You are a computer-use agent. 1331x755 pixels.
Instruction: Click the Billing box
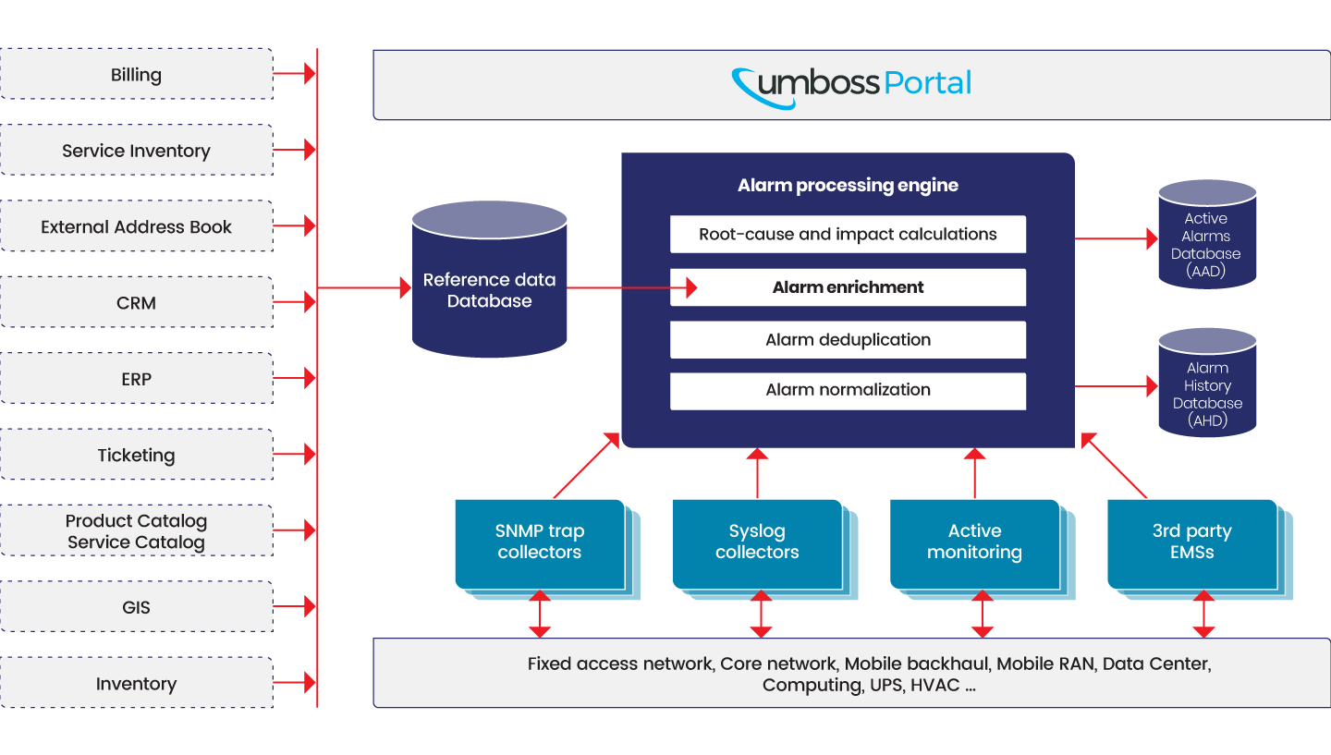click(x=137, y=74)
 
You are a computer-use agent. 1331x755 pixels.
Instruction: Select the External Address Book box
click(x=137, y=226)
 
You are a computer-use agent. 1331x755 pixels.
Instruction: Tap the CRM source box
click(x=137, y=302)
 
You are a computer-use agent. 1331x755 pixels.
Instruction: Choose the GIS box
click(x=137, y=606)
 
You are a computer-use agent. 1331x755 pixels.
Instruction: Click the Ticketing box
click(x=137, y=455)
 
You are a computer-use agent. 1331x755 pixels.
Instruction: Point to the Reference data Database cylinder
click(x=489, y=279)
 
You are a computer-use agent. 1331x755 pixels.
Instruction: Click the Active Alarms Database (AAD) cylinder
click(x=1207, y=235)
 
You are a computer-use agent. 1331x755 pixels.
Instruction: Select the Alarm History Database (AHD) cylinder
click(x=1207, y=384)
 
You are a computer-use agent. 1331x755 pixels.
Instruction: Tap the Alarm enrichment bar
click(x=848, y=287)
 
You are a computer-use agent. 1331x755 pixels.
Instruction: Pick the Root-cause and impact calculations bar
click(x=848, y=234)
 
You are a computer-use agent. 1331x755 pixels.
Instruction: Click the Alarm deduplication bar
click(x=848, y=340)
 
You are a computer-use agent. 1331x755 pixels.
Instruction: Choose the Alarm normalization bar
click(x=848, y=391)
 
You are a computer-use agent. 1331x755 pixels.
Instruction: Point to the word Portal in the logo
click(x=928, y=83)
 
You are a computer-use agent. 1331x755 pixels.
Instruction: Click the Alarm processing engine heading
click(x=848, y=186)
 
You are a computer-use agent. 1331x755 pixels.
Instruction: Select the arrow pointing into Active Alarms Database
click(x=1117, y=238)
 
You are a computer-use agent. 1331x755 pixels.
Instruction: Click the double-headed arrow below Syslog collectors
click(x=762, y=614)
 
